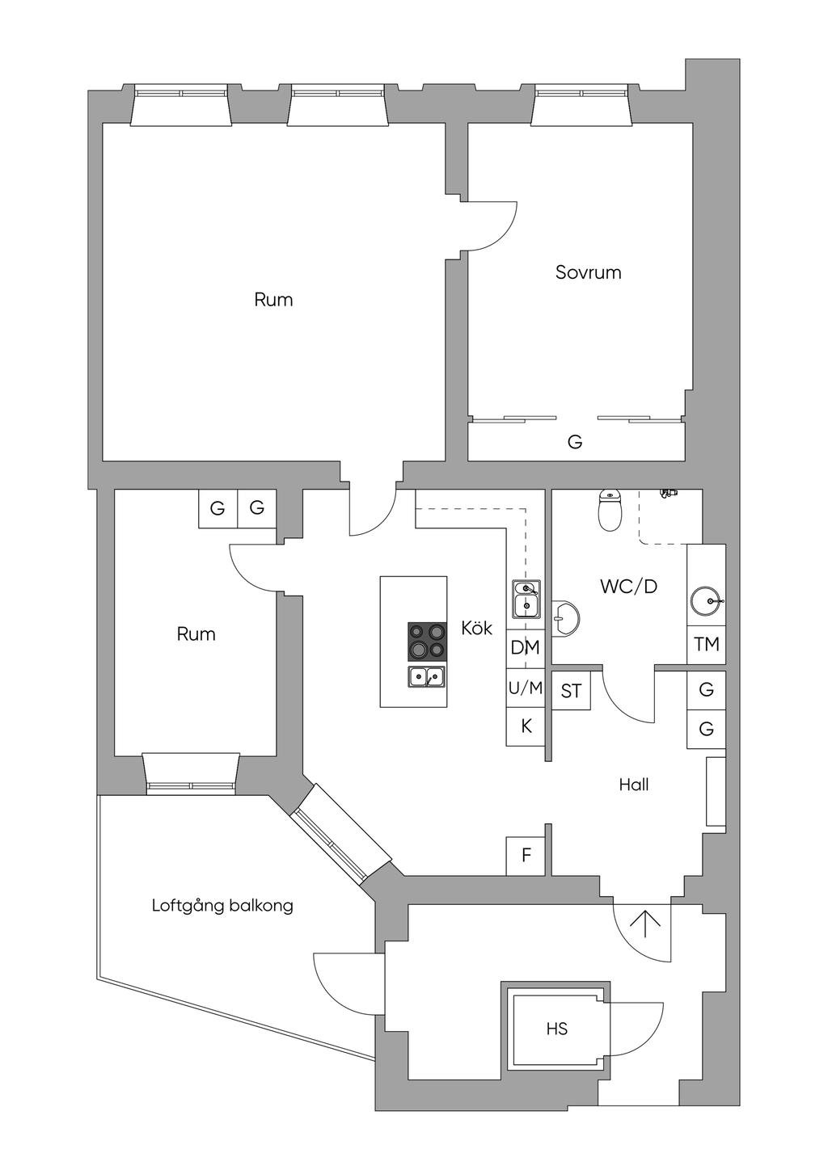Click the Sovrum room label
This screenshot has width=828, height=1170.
click(588, 272)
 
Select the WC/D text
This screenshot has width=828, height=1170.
click(628, 587)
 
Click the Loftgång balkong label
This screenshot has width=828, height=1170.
click(222, 905)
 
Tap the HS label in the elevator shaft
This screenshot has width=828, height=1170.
click(556, 1029)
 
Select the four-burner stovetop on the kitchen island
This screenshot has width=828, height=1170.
click(428, 642)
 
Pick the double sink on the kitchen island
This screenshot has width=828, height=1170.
click(427, 677)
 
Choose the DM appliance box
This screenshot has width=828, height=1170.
click(526, 649)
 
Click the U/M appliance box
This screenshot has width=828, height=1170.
click(526, 688)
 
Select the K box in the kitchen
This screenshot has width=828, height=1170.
click(526, 726)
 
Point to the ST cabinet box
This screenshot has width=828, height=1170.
click(572, 691)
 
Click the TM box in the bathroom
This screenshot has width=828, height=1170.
click(706, 645)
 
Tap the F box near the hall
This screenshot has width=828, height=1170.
click(526, 856)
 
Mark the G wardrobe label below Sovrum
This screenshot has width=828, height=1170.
click(575, 442)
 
